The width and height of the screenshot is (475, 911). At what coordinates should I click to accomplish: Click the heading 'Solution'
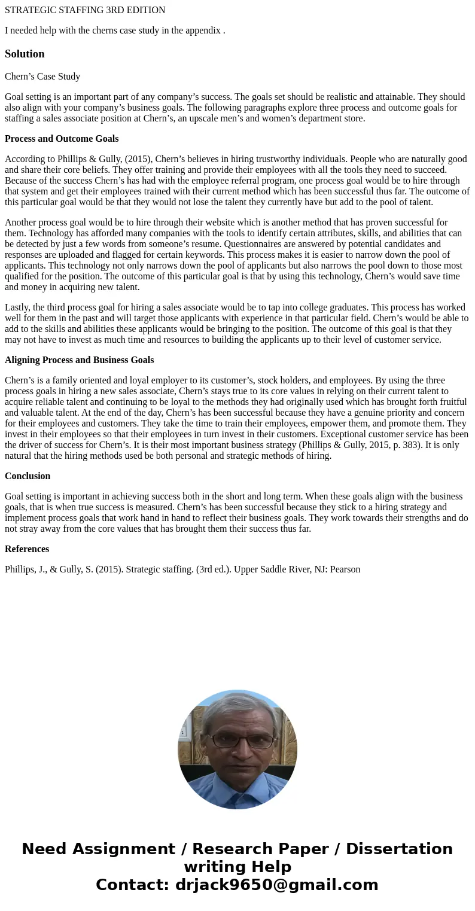tap(25, 54)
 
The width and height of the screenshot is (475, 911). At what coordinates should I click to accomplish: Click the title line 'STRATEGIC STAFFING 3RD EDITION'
tap(85, 10)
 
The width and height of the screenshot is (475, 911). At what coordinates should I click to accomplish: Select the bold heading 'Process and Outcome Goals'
tap(62, 139)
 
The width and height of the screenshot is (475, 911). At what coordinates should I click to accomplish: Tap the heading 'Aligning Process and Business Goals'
tap(79, 360)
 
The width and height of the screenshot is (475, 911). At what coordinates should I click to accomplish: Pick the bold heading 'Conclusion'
tap(28, 476)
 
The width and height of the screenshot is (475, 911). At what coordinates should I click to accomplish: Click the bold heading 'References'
tap(27, 549)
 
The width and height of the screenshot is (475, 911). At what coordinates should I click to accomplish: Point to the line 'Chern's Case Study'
tap(42, 77)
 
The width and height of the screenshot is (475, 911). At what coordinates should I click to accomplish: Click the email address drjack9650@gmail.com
tap(276, 885)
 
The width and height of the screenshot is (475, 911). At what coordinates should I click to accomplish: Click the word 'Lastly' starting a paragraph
tap(17, 307)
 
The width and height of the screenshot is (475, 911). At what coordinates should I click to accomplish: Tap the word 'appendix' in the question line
tap(202, 31)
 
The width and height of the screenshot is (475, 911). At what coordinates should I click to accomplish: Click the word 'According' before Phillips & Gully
tap(25, 159)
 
